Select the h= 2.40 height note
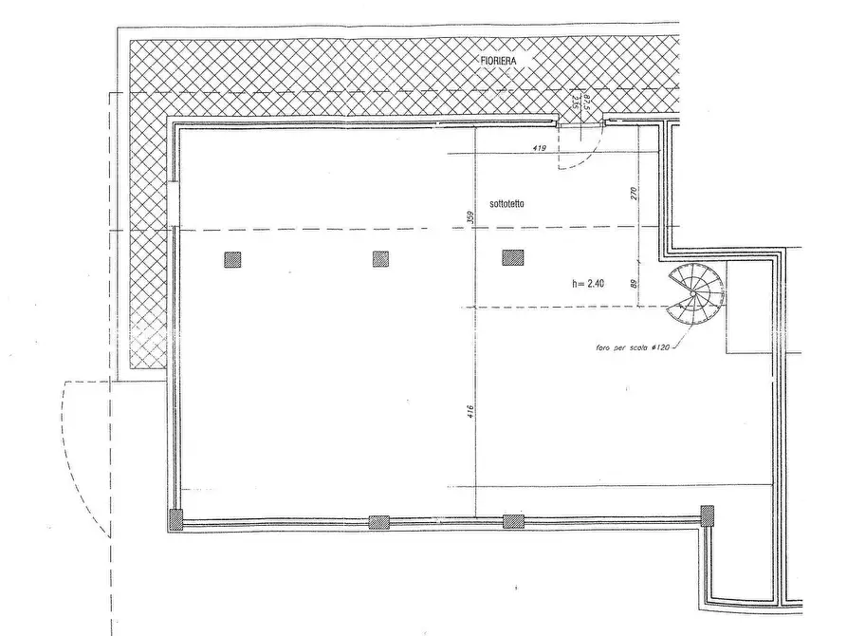[x=591, y=282]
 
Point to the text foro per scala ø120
[x=633, y=346]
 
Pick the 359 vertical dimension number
[x=470, y=217]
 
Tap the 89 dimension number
[x=633, y=281]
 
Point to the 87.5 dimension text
[x=588, y=103]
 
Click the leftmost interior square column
[x=232, y=258]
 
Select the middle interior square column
[x=381, y=258]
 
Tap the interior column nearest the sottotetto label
[x=513, y=257]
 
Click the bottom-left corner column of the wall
[x=175, y=518]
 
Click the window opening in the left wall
[x=174, y=203]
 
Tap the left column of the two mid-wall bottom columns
[x=378, y=521]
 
